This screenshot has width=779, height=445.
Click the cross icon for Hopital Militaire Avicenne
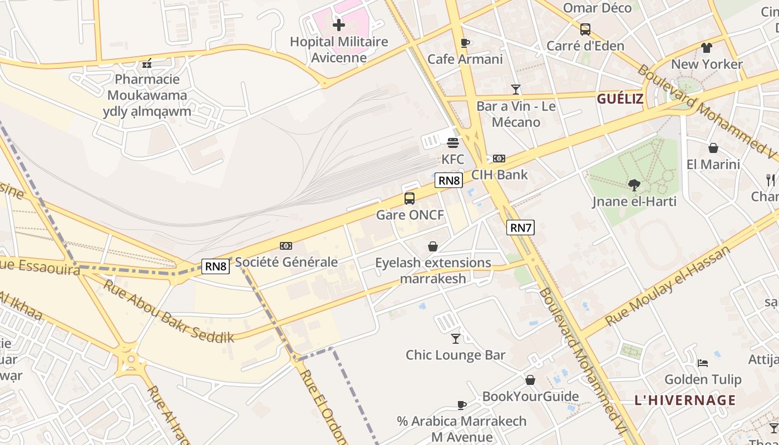(338, 24)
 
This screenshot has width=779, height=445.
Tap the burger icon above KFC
(453, 143)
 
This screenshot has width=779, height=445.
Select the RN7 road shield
(520, 227)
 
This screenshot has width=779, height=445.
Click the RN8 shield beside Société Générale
(216, 266)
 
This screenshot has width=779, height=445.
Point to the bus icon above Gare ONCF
(410, 199)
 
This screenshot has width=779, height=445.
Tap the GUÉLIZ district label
(620, 100)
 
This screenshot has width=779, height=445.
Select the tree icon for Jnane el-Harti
(634, 185)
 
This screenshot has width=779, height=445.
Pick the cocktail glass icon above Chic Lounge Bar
(456, 338)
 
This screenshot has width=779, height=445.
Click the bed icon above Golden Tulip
(703, 363)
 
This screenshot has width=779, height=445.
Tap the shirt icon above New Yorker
(706, 48)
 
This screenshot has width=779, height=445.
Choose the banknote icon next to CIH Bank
(499, 159)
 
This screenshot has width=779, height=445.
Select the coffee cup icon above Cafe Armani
(465, 43)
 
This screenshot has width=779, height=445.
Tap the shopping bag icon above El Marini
(713, 148)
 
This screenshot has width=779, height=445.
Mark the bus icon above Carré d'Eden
(585, 29)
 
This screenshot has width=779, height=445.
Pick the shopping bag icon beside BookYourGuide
(530, 380)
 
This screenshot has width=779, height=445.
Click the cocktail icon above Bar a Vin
(516, 89)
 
